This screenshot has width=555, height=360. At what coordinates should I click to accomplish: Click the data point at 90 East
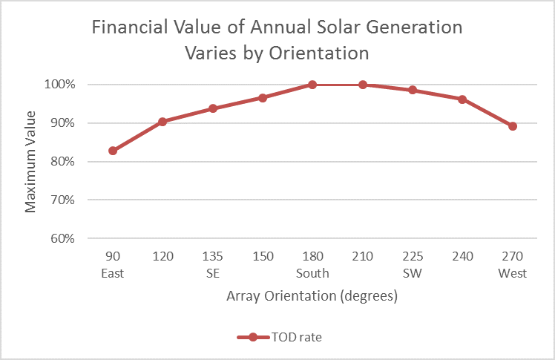coord(113,151)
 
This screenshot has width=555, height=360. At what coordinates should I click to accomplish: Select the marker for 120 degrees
coord(162,122)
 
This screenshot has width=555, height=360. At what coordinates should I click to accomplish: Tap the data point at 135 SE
coord(213,108)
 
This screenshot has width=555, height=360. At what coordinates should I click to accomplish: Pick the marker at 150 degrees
coord(263,98)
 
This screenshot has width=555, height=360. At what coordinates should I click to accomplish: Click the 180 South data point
coord(312,85)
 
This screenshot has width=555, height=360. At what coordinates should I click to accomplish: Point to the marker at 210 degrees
coord(363,85)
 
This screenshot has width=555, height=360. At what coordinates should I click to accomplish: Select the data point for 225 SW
coord(413,91)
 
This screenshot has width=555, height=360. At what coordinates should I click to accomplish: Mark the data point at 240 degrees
coord(462,99)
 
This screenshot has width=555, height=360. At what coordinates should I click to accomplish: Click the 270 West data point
coord(512,126)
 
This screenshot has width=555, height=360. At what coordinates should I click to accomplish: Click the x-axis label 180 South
coord(312,266)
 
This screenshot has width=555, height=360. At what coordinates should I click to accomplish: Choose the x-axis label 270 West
coord(512,266)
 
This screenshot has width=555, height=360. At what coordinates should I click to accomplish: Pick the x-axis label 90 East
coord(113,266)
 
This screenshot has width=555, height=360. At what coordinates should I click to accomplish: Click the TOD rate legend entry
coord(295,337)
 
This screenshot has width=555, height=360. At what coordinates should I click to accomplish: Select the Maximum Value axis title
coord(30,161)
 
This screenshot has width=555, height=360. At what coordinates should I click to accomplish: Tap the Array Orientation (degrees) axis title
coord(312,297)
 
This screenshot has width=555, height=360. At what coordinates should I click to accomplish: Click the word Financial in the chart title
coord(124,28)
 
